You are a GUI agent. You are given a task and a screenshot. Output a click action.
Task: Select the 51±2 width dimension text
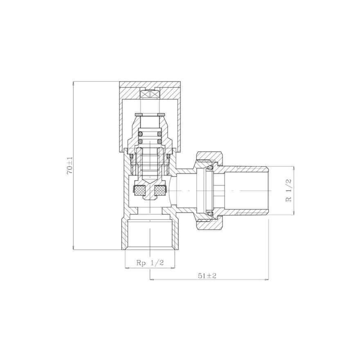tap(207, 276)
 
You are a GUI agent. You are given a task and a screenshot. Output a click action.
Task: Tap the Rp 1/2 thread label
tap(150, 263)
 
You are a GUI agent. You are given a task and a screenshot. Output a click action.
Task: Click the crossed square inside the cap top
tap(149, 94)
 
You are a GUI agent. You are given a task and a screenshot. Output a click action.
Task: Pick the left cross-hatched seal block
tap(139, 190)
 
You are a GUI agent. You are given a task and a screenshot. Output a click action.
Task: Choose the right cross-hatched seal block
tap(160, 190)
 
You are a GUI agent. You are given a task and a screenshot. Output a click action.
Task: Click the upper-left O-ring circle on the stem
tap(140, 134)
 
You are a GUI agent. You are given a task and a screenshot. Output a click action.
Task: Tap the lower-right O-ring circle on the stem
tap(160, 141)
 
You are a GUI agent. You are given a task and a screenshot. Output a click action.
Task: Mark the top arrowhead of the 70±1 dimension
tap(73, 83)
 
